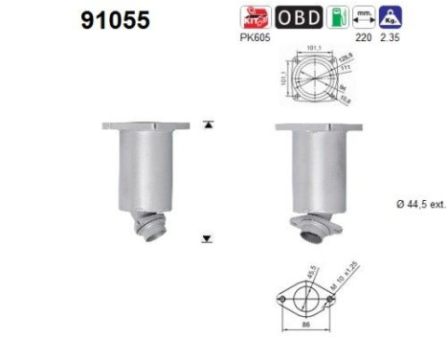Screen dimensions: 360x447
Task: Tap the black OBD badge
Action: [x=300, y=16]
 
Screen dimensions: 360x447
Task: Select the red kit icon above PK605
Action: [x=256, y=16]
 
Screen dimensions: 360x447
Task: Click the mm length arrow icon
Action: [x=364, y=16]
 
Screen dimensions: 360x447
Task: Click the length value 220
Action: [x=362, y=38]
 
